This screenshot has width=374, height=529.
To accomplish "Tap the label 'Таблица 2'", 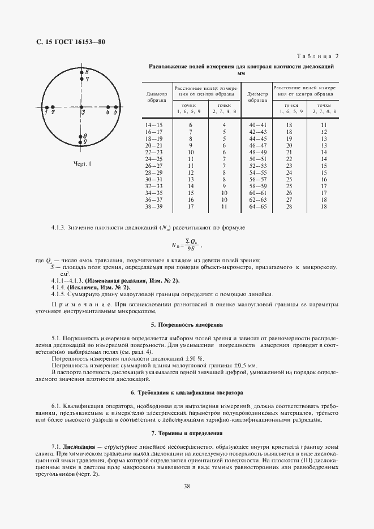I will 317,57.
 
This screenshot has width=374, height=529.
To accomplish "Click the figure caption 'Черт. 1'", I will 82,164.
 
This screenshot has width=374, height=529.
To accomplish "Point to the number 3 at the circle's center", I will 83,113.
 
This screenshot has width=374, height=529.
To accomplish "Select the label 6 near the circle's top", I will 87,72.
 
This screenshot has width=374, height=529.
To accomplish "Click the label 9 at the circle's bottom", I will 85,142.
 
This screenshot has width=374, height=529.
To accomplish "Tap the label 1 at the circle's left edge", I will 46,113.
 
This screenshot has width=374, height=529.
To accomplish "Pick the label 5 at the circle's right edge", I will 115,113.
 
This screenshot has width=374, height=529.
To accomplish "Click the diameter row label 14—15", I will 153,124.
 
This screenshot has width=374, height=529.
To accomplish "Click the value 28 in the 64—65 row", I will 289,207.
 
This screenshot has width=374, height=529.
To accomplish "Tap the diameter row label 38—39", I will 153,207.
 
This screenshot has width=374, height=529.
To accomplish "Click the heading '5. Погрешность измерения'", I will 187,326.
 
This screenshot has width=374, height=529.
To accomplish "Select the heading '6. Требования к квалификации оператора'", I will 187,392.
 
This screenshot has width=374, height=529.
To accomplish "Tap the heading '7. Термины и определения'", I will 187,433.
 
